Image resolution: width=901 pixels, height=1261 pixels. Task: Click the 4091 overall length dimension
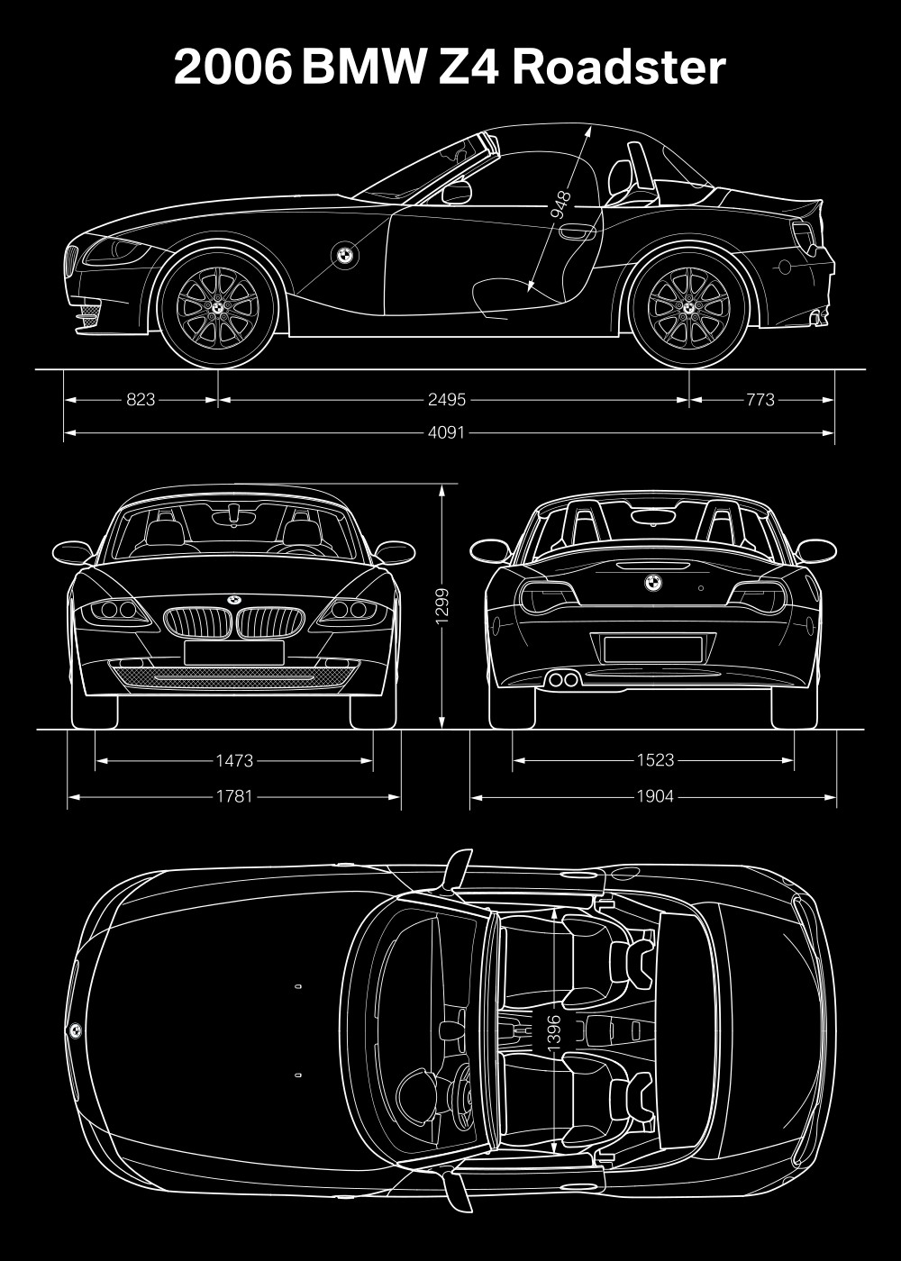(447, 432)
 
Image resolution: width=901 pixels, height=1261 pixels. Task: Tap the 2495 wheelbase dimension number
(447, 400)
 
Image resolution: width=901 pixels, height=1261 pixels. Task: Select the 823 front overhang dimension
(141, 400)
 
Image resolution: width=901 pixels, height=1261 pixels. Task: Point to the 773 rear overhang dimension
(760, 400)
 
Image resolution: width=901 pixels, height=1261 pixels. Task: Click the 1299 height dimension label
(442, 606)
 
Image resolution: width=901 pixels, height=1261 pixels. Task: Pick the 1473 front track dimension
(234, 761)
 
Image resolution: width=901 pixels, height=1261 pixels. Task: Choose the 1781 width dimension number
(234, 796)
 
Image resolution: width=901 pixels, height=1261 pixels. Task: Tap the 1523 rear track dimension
(656, 760)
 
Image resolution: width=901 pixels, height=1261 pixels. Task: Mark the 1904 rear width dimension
(656, 796)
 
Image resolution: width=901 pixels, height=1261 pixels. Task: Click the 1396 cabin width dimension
(555, 1034)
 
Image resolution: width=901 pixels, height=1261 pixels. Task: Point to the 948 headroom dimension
(560, 205)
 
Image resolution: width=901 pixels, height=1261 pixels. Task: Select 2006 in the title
(232, 68)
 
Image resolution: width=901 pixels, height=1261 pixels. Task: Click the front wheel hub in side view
(217, 307)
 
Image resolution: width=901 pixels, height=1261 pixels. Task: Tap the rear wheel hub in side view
(688, 307)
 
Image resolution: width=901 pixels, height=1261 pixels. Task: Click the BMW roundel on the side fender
(344, 255)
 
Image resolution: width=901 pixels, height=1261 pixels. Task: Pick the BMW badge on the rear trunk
(654, 583)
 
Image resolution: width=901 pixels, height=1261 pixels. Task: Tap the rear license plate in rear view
(653, 649)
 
